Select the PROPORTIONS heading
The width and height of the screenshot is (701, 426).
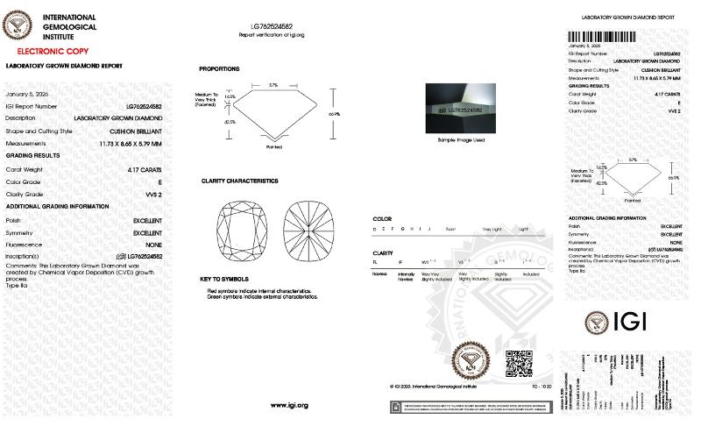pos(219,68)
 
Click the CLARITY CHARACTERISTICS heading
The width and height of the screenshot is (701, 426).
pos(239,181)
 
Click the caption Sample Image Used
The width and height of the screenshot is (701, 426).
pos(461,140)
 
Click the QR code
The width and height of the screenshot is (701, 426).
pos(519,361)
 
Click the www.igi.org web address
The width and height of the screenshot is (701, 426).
pos(290,404)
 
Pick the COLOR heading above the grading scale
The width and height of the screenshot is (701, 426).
pos(382,218)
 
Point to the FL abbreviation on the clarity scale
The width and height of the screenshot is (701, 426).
pos(375,261)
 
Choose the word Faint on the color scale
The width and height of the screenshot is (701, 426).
pos(450,228)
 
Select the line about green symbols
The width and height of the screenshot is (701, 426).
pos(262,296)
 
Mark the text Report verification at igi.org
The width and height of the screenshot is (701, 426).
pos(271,34)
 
